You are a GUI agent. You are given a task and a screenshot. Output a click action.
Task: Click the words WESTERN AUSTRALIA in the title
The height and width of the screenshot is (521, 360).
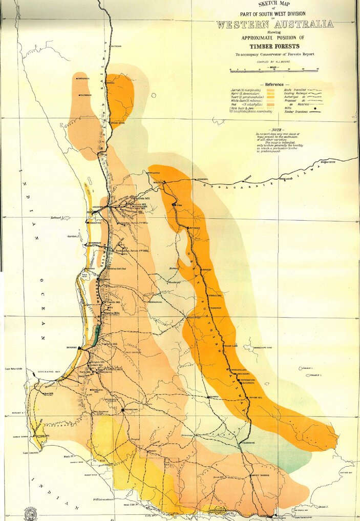point(274,24)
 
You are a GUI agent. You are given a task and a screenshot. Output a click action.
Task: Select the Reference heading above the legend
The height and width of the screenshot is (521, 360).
point(274,84)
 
